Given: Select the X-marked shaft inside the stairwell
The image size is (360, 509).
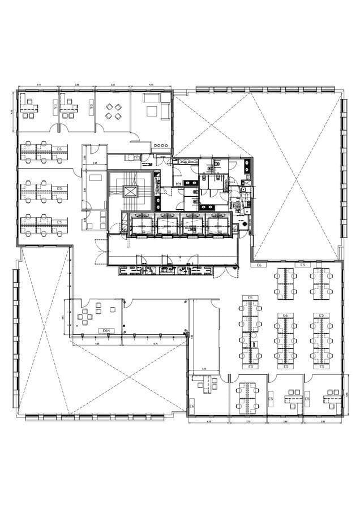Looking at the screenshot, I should tap(131, 191).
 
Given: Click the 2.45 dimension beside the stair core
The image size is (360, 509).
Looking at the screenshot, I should tap(95, 163).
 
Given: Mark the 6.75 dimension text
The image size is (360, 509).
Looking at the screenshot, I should tap(155, 343).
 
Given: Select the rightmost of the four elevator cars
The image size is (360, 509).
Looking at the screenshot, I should tap(218, 223).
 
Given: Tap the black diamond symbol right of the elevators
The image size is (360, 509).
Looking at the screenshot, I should tap(244, 225).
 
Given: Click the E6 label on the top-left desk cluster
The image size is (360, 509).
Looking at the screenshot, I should tap(59, 148).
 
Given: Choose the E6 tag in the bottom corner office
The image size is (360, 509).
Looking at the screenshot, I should tap(192, 406).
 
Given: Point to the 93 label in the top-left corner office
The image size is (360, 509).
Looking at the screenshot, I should tap(55, 106).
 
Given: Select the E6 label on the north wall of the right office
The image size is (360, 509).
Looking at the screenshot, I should tap(260, 265).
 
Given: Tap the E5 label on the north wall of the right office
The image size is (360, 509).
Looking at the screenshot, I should tap(302, 265).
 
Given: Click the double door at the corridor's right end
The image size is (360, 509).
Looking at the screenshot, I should tap(234, 273).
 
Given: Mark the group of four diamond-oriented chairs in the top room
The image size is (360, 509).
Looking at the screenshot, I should tap(112, 111).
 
